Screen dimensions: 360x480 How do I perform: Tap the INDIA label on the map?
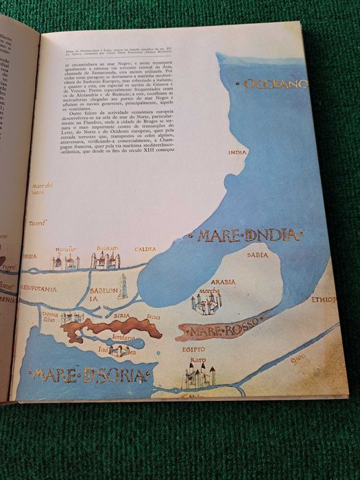tap(237, 153)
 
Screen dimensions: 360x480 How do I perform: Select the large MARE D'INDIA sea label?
tap(249, 237)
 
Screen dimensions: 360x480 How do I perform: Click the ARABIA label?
tap(223, 282)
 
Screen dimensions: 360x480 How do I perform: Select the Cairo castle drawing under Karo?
tap(198, 376)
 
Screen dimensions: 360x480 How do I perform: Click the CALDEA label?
tap(145, 249)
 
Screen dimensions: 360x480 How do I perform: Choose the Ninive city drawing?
tap(66, 261)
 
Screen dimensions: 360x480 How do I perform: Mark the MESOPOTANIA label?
tap(38, 289)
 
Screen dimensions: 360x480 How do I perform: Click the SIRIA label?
tap(122, 316)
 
